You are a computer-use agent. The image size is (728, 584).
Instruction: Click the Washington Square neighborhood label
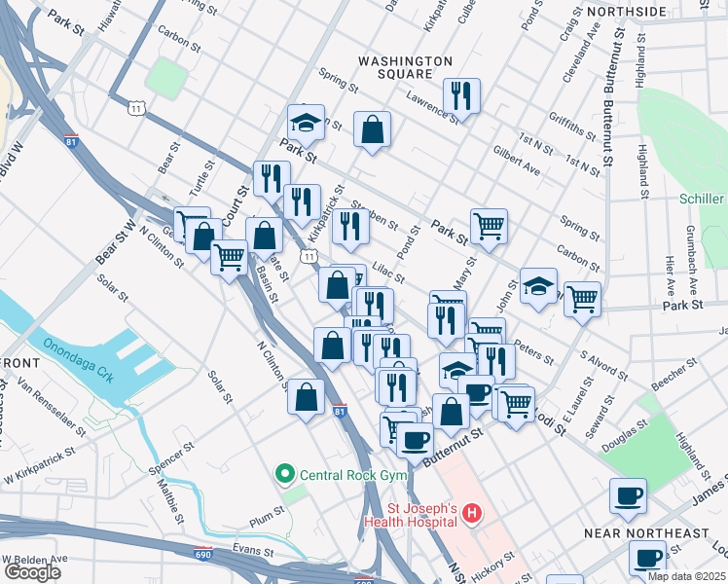(405, 67)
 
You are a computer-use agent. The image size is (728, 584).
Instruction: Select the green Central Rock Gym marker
(285, 475)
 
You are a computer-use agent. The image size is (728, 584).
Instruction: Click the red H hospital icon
(471, 512)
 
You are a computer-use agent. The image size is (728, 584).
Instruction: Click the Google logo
(32, 571)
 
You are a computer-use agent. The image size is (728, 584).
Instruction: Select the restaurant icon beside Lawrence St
(460, 95)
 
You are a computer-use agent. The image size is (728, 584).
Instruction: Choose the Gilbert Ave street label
(516, 162)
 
